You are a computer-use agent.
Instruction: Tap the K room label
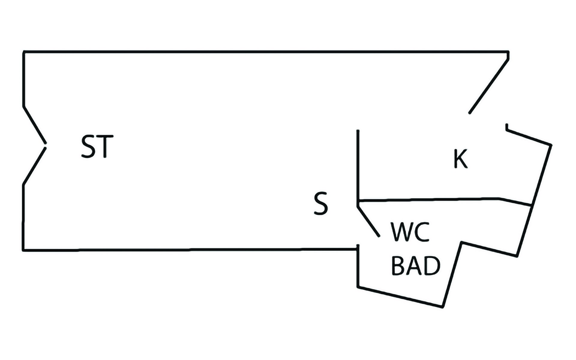point(460,159)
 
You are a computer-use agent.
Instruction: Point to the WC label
point(410,232)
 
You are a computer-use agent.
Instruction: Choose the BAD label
point(416,266)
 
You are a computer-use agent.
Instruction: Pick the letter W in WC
point(401,232)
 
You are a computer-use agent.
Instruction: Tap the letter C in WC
point(422,232)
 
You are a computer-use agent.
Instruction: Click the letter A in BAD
point(415,266)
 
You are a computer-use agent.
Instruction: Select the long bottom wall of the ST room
point(189,249)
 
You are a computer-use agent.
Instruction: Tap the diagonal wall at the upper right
point(489,86)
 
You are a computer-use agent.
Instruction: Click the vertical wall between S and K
point(358,165)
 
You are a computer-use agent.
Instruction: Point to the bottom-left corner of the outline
point(23,250)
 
